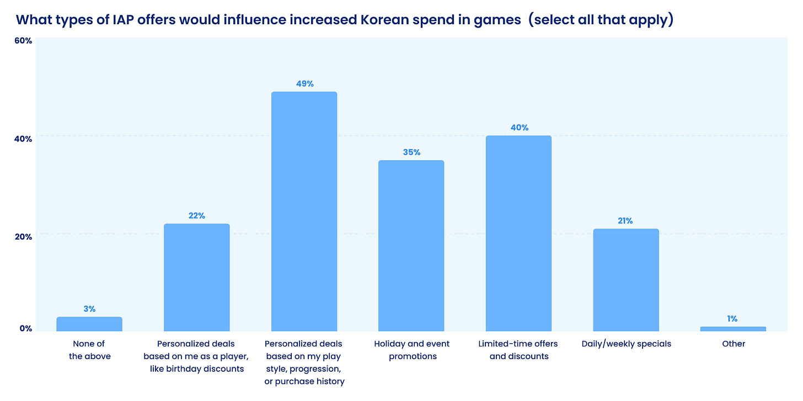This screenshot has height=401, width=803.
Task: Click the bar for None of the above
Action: point(89,324)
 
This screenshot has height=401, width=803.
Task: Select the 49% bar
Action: point(304,212)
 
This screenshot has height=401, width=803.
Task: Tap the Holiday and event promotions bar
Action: point(411,246)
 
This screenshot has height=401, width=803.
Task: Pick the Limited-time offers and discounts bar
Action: point(518,233)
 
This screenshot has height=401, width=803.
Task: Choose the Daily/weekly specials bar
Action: point(625,280)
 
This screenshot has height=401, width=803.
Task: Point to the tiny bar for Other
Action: point(733,329)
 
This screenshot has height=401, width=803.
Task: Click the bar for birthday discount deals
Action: point(196,277)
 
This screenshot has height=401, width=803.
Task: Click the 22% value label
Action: point(197,215)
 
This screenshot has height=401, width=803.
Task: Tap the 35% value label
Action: point(411,152)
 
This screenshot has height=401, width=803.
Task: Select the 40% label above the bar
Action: point(519,127)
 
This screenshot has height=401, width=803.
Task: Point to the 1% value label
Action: point(732,318)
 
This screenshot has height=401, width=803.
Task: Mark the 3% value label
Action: point(89,309)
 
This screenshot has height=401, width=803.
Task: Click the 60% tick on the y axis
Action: point(23,41)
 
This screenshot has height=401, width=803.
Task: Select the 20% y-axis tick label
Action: point(23,236)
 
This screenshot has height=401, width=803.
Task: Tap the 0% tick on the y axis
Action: point(25,328)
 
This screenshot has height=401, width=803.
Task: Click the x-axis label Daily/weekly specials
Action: point(626,344)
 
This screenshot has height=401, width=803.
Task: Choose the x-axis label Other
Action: point(734,344)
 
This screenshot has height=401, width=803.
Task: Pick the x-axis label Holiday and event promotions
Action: point(411,350)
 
